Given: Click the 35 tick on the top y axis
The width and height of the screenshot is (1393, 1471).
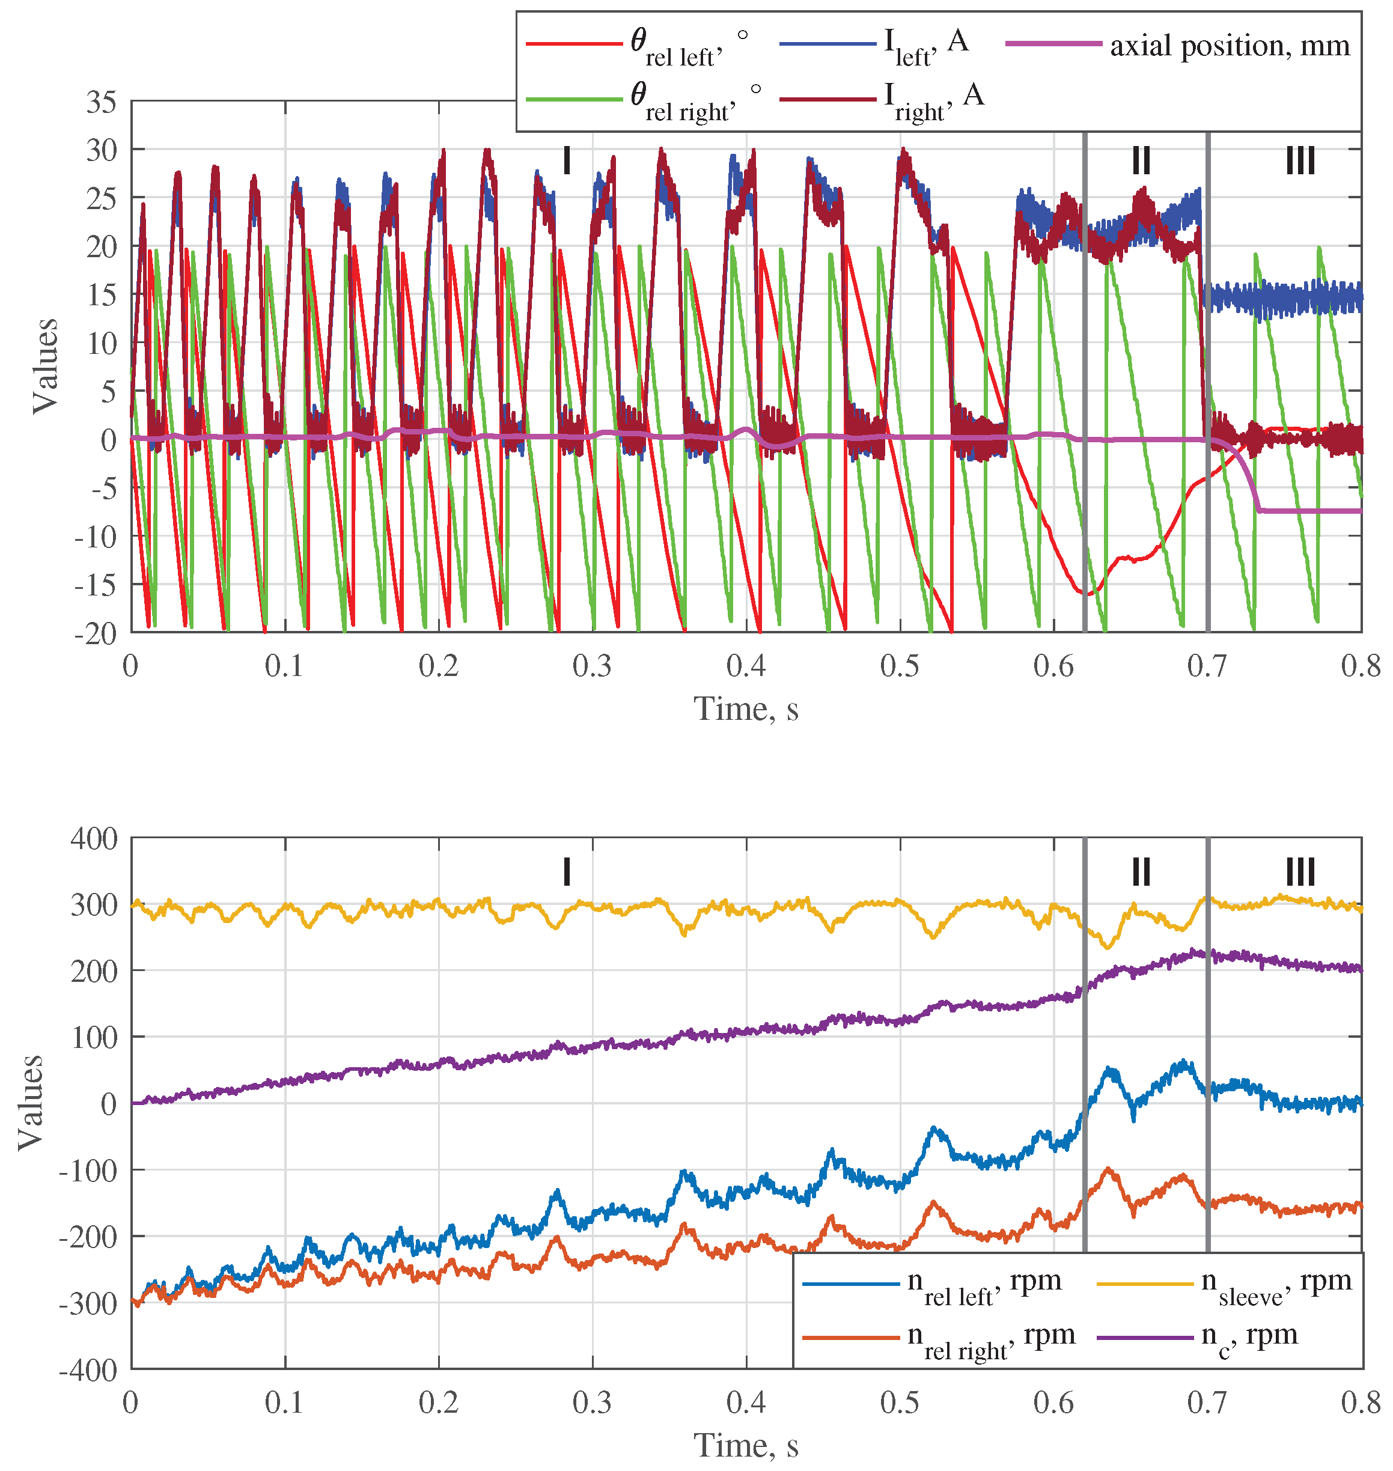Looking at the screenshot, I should (x=102, y=102).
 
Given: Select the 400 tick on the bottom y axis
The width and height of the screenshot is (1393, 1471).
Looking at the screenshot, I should (x=94, y=838).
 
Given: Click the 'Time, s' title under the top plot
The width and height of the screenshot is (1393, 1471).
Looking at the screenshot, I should (x=746, y=709).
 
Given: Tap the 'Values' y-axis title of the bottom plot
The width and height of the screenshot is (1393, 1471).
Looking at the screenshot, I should (x=31, y=1103).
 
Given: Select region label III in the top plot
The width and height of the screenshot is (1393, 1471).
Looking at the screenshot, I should (x=1300, y=160).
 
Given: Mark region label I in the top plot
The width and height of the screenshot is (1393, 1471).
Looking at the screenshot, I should (x=567, y=160).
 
